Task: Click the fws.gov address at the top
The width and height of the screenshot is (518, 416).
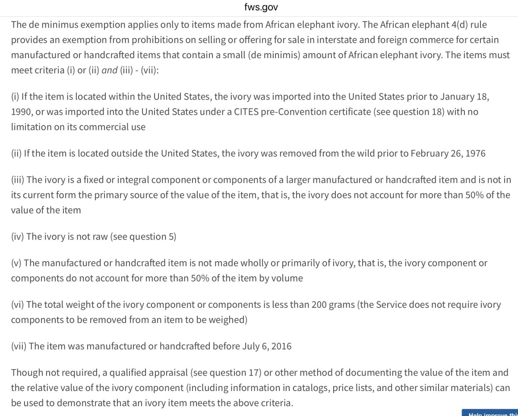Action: pyautogui.click(x=261, y=7)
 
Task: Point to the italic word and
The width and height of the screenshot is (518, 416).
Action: pyautogui.click(x=110, y=70)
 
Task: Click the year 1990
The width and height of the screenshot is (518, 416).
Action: pyautogui.click(x=22, y=112)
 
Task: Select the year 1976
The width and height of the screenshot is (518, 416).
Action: pyautogui.click(x=476, y=153)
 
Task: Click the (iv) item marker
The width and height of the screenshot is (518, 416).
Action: pyautogui.click(x=18, y=236)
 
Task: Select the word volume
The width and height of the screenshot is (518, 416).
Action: pyautogui.click(x=287, y=278)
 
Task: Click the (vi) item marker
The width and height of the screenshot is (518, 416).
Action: pyautogui.click(x=18, y=304)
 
